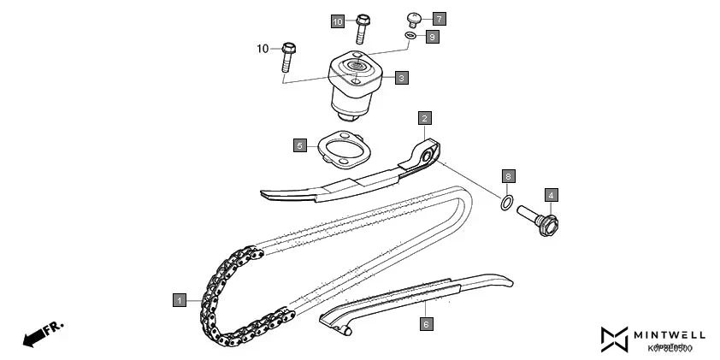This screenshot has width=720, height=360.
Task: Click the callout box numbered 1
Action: click(179, 300)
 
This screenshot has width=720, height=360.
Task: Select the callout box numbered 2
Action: click(424, 118)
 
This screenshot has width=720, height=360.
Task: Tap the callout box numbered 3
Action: click(401, 78)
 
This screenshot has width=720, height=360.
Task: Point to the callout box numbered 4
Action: click(551, 195)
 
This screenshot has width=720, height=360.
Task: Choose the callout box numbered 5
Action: click(299, 145)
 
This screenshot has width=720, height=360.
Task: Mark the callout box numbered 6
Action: click(425, 324)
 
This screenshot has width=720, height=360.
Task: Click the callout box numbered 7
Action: click(439, 18)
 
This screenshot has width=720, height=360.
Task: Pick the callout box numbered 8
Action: click(508, 176)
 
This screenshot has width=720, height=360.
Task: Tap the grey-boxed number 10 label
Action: click(338, 21)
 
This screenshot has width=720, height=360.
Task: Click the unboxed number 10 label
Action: click(263, 49)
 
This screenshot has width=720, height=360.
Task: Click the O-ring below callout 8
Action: click(507, 204)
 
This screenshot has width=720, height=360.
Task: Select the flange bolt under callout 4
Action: click(538, 221)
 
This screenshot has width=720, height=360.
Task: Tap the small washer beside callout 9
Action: click(410, 35)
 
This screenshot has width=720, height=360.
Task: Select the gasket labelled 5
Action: click(341, 149)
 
